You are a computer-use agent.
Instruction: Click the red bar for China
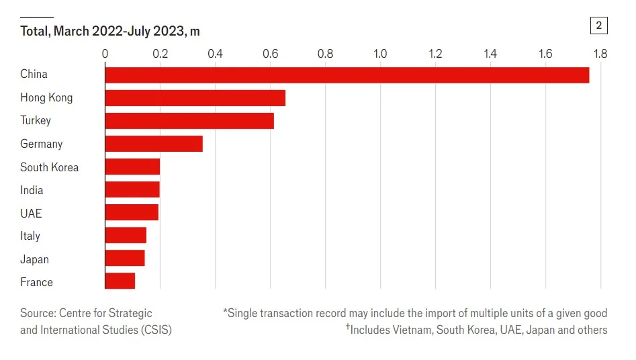(347, 75)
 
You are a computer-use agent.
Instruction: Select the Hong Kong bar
(195, 98)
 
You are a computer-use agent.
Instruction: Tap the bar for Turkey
(189, 121)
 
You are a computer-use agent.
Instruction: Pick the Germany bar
(154, 144)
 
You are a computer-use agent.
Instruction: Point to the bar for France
(120, 281)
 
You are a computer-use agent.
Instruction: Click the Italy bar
(126, 235)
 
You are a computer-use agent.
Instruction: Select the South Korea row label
(49, 167)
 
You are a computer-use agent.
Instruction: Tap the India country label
(32, 190)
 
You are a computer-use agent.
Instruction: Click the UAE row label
(31, 213)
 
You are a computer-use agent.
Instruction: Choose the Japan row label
(34, 259)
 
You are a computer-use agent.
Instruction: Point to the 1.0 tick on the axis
(380, 53)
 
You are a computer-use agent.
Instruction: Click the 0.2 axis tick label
(160, 53)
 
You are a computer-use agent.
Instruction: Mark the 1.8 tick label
(600, 53)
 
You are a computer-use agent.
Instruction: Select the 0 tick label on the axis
(105, 53)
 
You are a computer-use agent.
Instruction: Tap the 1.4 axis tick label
(490, 53)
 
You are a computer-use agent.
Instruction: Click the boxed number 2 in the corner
(598, 26)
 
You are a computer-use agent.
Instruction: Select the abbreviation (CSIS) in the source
(156, 330)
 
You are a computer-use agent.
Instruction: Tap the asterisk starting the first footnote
(225, 312)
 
